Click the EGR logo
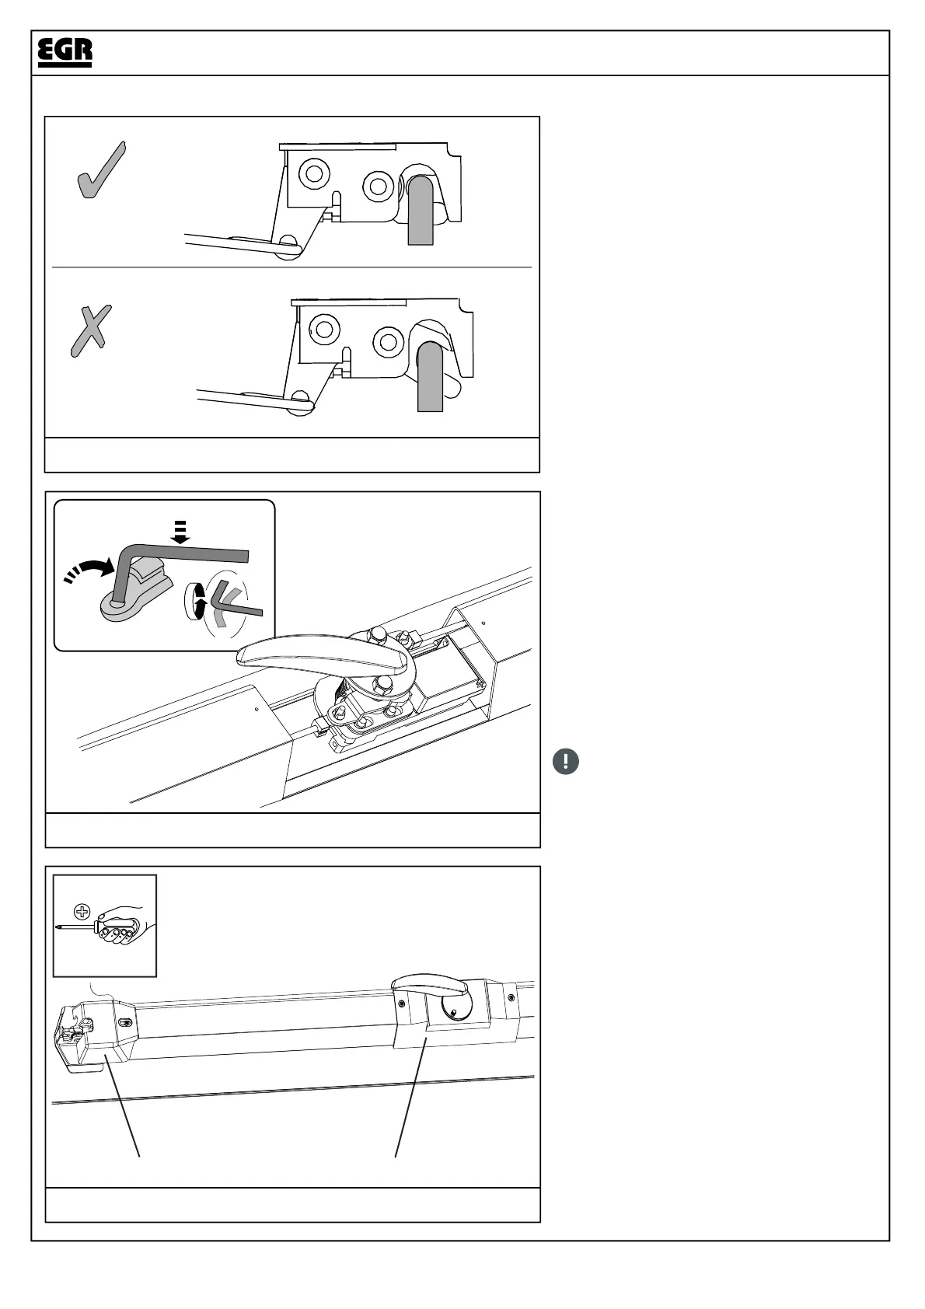(65, 52)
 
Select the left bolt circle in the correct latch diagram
(314, 173)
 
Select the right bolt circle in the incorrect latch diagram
(386, 341)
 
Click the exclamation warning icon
(566, 761)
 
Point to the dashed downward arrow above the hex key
(180, 532)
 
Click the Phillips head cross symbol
(81, 912)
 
